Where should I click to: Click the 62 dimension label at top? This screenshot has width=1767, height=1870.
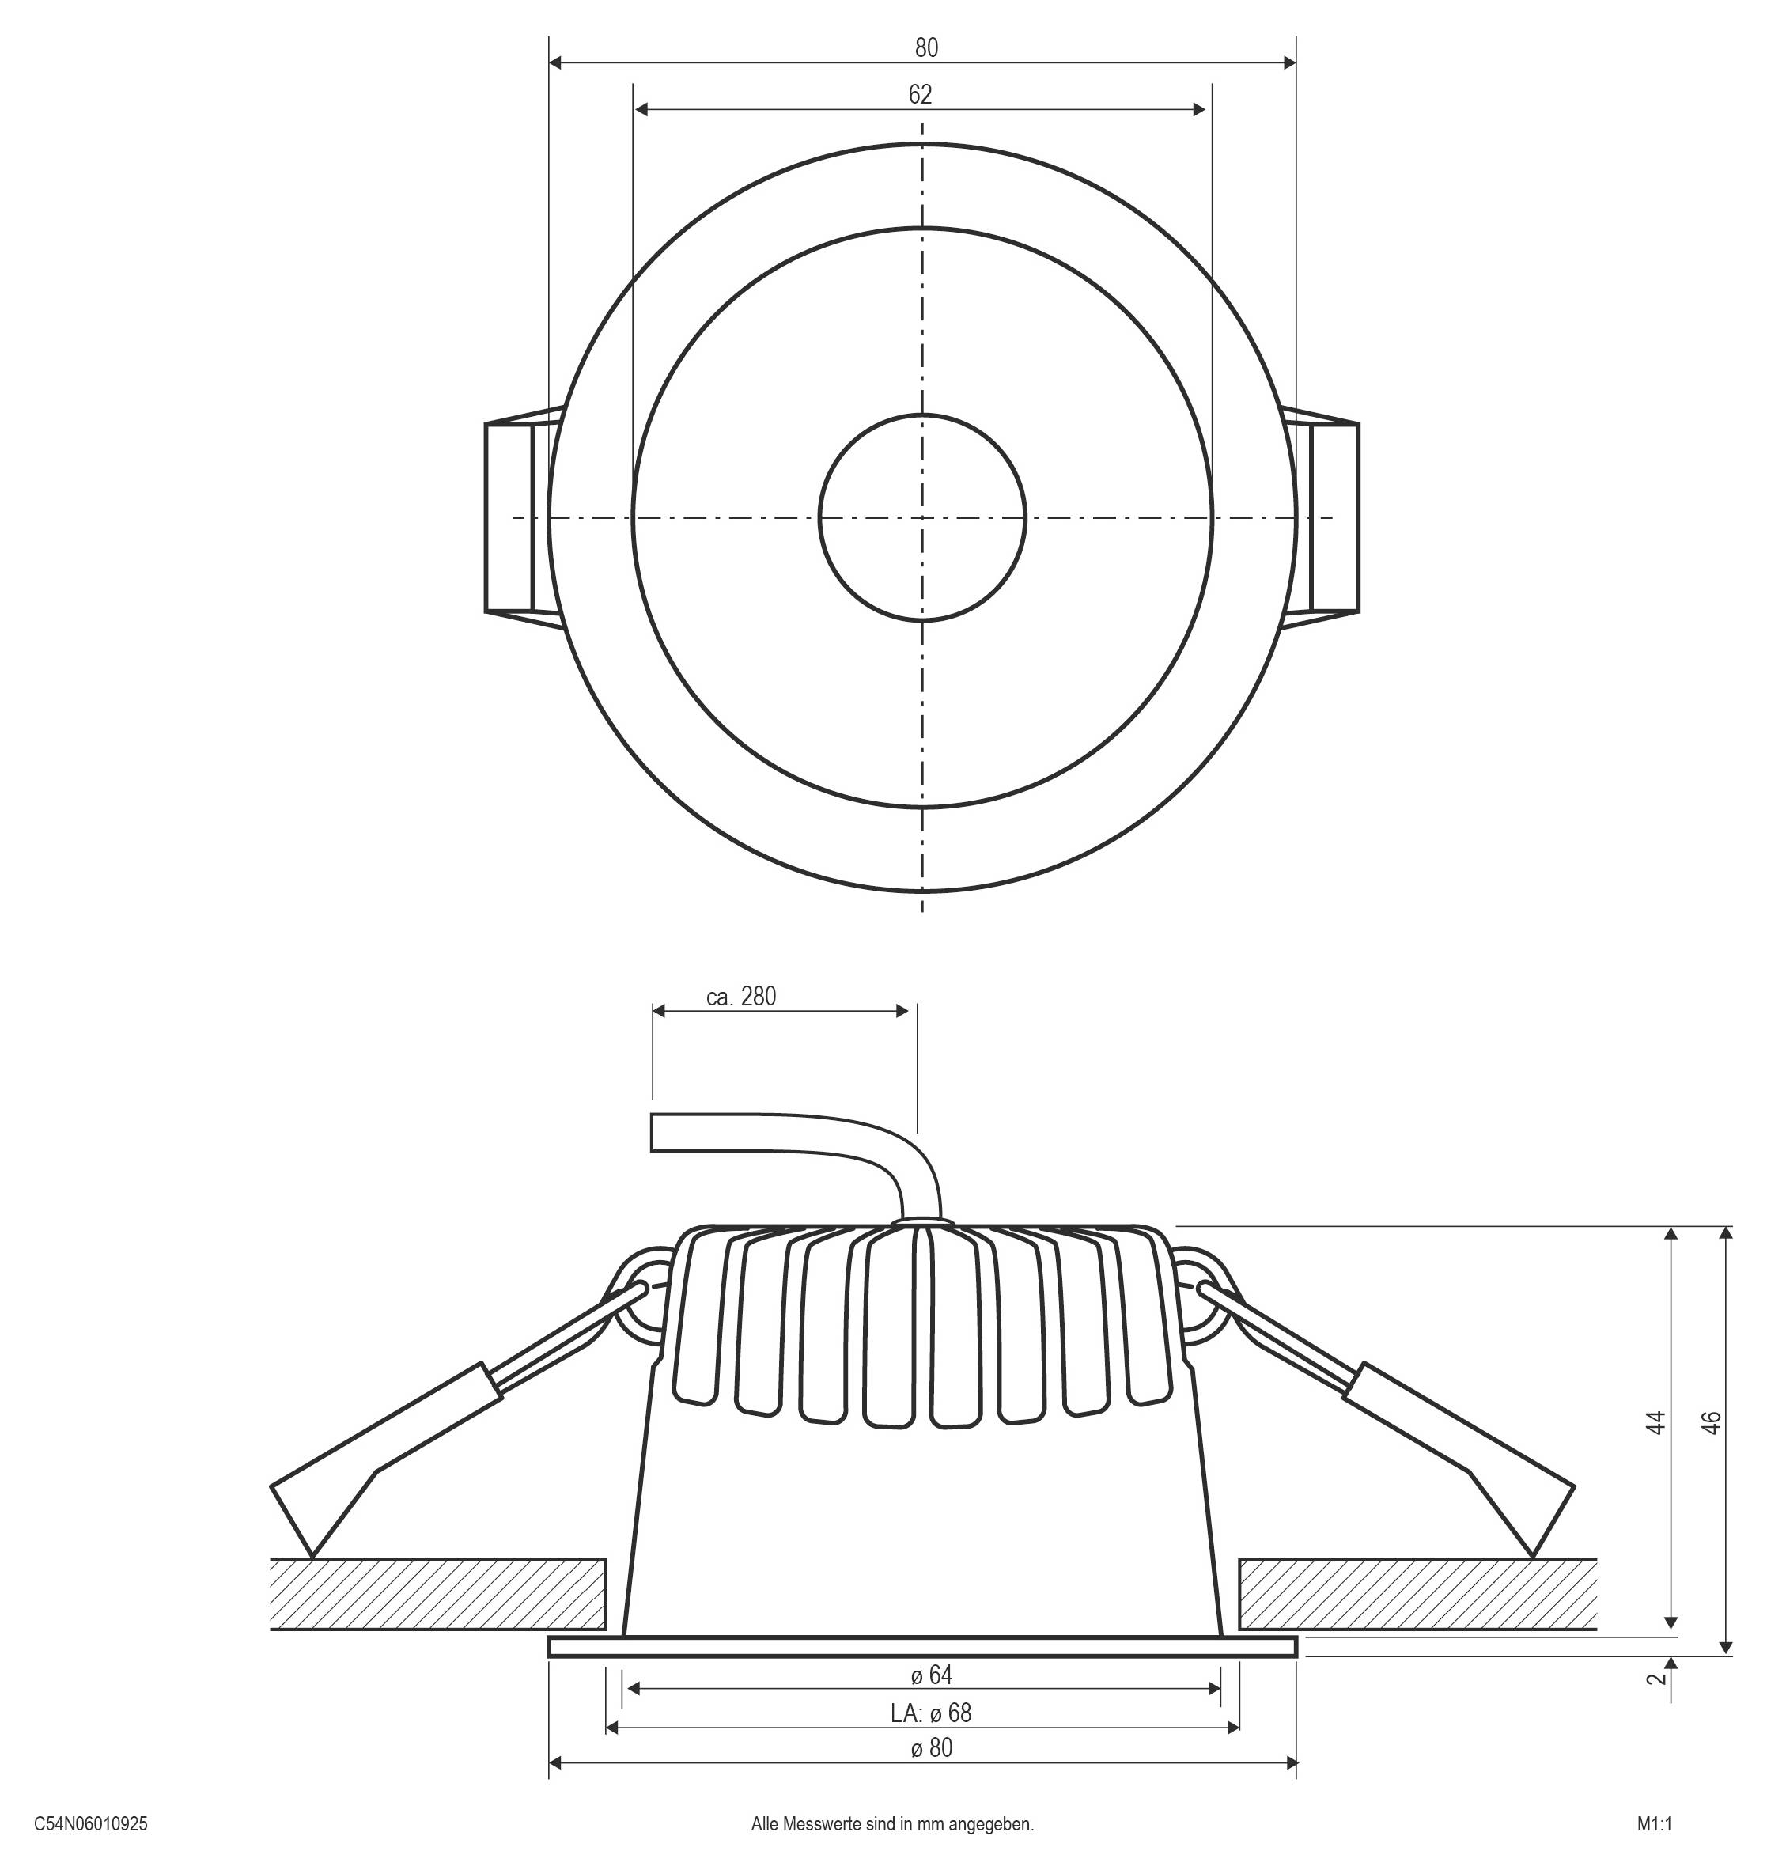tap(919, 94)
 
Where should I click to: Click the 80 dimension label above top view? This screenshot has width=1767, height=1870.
tap(926, 47)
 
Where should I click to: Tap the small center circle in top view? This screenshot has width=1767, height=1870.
tap(922, 517)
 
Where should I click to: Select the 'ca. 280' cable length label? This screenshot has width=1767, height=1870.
tap(741, 997)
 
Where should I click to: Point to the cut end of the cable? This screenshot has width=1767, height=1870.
tap(653, 1133)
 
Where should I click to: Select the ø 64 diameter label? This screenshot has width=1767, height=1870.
tap(932, 1674)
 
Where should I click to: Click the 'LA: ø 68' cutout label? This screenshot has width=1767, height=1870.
tap(931, 1712)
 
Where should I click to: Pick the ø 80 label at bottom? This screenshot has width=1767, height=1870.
tap(932, 1747)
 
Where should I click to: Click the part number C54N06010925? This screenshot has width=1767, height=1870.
tap(92, 1824)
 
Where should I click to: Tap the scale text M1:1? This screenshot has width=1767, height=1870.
tap(1654, 1824)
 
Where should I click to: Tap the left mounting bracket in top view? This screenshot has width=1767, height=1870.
tap(514, 517)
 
